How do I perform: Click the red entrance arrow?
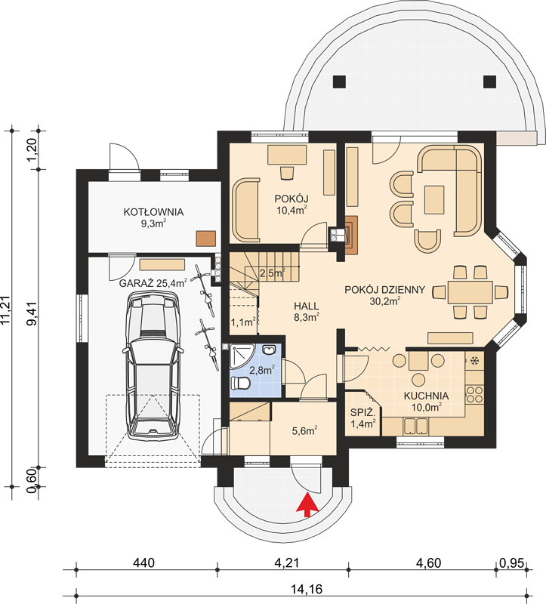point(307,505)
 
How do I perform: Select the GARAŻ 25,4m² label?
point(153,284)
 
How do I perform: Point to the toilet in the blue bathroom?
point(240,384)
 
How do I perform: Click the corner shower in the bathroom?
point(241,356)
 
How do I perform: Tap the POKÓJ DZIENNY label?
point(384,290)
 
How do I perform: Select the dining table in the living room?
point(470,292)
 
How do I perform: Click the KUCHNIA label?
point(426,396)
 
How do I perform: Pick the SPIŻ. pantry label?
point(362,412)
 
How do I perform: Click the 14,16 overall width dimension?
point(307,589)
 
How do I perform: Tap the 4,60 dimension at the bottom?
point(428,563)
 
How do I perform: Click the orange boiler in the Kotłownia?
point(205,239)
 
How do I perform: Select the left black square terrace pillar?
point(340,82)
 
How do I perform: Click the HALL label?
point(307,307)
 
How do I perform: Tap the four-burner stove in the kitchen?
point(474,394)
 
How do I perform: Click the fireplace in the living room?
point(350,234)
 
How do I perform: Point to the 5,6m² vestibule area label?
point(304,430)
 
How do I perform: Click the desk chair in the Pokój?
point(287,173)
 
